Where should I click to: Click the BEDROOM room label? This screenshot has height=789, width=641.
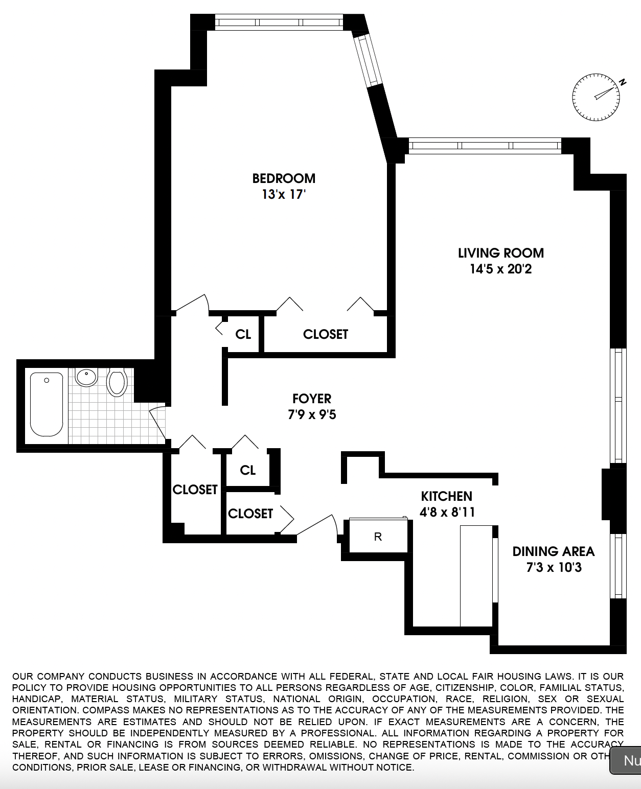[284, 178]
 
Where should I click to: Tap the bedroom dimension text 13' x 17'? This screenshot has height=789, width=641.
[284, 195]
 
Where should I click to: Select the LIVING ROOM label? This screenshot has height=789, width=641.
[500, 253]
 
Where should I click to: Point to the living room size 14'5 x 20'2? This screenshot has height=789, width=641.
[500, 269]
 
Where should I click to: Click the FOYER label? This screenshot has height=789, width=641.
[312, 399]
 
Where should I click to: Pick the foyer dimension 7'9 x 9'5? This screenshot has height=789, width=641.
[312, 414]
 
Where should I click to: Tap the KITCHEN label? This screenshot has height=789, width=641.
[446, 496]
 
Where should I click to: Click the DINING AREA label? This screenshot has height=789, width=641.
[554, 551]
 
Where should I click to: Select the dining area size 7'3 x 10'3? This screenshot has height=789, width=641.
[554, 567]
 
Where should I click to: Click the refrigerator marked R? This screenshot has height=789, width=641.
[378, 537]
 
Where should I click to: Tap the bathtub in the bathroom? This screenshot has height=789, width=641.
[47, 404]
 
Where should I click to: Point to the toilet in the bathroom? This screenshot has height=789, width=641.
[117, 382]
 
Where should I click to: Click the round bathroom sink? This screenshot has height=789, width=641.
[86, 377]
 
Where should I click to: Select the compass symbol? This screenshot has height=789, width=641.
[596, 97]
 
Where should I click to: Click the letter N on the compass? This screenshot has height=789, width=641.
[622, 82]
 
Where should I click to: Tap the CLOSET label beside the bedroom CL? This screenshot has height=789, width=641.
[325, 334]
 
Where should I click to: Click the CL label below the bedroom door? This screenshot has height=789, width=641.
[243, 334]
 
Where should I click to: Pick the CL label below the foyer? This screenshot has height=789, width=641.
[248, 470]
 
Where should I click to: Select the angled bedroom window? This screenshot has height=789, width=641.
[369, 60]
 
